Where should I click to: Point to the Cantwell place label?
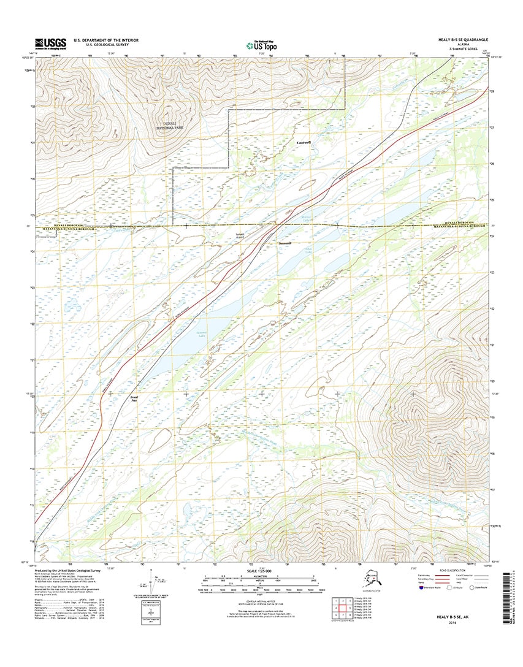coord(303,143)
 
